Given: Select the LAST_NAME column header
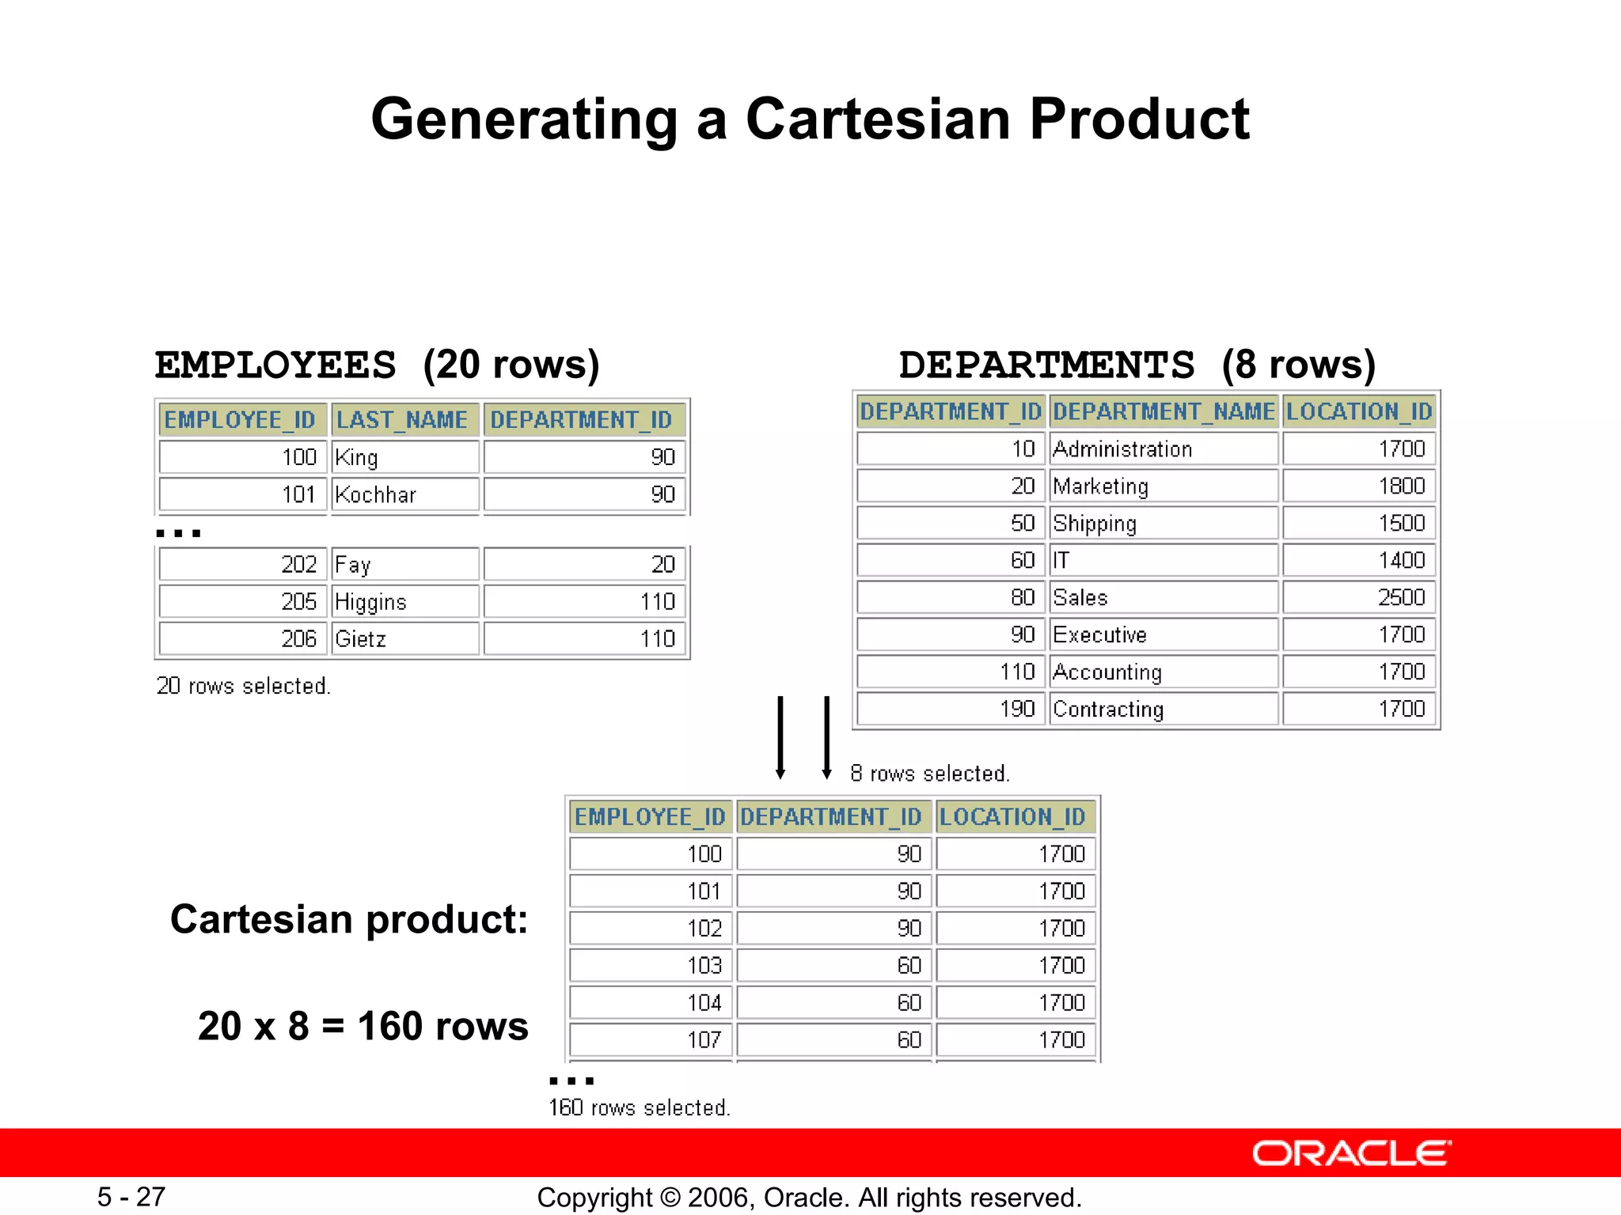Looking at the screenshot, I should pyautogui.click(x=402, y=419).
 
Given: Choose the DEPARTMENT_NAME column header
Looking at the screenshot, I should pyautogui.click(x=1164, y=411).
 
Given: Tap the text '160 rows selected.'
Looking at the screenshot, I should pyautogui.click(x=639, y=1107).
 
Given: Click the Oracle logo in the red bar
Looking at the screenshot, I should pyautogui.click(x=1351, y=1153).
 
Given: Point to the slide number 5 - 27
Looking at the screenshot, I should pyautogui.click(x=131, y=1197).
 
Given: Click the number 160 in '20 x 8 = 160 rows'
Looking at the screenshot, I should pyautogui.click(x=390, y=1027).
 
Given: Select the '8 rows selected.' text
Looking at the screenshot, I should pyautogui.click(x=930, y=774).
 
